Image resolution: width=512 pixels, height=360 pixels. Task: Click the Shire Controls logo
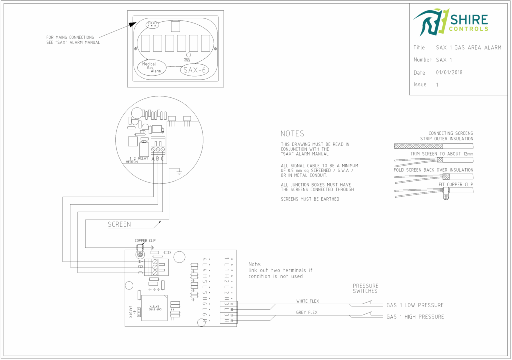[451, 22]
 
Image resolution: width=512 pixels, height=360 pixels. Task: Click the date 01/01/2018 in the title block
[449, 72]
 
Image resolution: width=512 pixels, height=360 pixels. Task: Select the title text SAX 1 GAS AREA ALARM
[468, 48]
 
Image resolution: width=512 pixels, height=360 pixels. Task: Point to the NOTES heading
[292, 134]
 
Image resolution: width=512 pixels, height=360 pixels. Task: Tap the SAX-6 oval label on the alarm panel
[194, 70]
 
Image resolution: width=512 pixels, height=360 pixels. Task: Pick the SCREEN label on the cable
[120, 225]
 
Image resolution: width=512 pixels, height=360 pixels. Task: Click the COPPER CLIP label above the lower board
[144, 241]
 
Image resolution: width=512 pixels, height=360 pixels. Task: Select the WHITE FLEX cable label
[308, 301]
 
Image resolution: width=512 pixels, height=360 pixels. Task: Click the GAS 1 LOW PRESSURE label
[415, 305]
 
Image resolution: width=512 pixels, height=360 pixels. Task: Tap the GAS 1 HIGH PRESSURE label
[415, 317]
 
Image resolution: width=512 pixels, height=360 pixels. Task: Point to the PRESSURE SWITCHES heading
[365, 288]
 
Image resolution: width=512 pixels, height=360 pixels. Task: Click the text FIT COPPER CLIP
[455, 185]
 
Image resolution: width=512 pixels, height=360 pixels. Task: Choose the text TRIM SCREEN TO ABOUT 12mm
[442, 154]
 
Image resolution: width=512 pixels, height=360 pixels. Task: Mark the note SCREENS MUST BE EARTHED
[310, 199]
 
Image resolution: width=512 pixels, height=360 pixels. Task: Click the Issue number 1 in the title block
[437, 85]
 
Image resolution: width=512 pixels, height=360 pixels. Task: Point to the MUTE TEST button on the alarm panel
[188, 56]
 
